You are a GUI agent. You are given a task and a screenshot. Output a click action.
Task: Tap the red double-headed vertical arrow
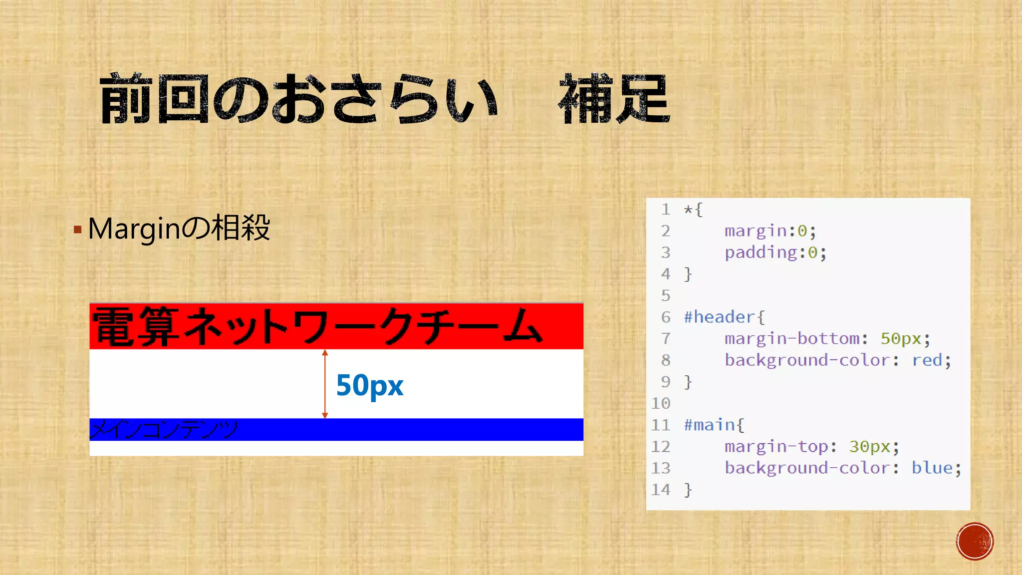[325, 384]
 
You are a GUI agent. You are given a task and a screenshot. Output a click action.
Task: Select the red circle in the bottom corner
[975, 542]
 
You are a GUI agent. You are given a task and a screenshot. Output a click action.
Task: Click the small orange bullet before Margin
[77, 230]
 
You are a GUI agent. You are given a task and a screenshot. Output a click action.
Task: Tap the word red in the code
[927, 360]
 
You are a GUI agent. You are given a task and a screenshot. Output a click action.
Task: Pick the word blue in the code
[932, 468]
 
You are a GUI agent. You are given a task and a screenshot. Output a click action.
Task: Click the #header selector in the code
[719, 317]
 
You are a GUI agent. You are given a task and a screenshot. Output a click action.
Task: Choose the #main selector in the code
[709, 425]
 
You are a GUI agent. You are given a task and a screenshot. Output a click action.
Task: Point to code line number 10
[661, 403]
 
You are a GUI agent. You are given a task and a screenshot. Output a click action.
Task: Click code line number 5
[666, 295]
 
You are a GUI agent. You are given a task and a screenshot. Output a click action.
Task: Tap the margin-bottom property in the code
[792, 338]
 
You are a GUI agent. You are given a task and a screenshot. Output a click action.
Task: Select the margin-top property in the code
[776, 446]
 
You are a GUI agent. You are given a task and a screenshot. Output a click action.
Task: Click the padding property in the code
[761, 253]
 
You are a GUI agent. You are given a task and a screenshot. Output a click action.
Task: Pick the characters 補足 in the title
[614, 99]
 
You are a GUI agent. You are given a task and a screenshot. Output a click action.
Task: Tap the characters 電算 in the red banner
[136, 327]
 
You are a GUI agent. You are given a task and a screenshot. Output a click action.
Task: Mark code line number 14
[661, 490]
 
